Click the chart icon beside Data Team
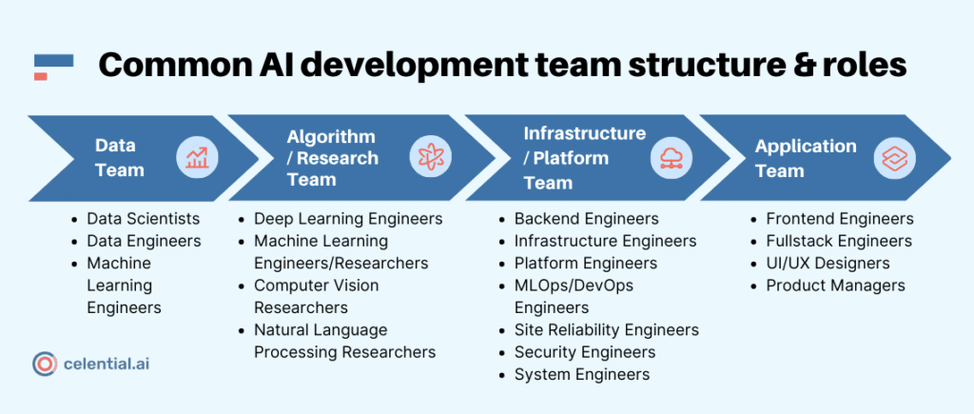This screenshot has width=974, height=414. (x=197, y=158)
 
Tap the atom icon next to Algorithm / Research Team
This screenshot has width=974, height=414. (x=430, y=158)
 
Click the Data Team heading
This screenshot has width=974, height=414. (x=119, y=158)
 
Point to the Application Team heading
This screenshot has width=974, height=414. (x=805, y=158)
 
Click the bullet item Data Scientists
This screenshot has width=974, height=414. (x=143, y=219)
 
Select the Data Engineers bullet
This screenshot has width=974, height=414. (x=144, y=241)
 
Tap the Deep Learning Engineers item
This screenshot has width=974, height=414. (x=347, y=219)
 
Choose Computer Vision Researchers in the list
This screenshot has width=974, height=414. (x=316, y=296)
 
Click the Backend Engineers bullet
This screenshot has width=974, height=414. (x=586, y=219)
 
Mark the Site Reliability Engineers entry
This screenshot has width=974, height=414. (x=606, y=330)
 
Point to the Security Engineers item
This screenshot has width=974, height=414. (x=584, y=352)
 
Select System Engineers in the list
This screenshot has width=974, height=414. (x=582, y=374)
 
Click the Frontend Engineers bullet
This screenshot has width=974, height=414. (x=839, y=219)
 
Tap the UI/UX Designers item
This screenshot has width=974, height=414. (x=828, y=263)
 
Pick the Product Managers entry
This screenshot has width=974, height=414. (x=835, y=286)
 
